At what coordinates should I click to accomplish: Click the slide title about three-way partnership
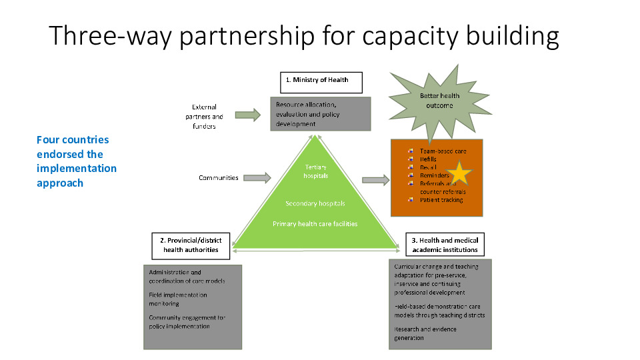click(x=304, y=36)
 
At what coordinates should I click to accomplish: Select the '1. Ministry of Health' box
click(x=320, y=81)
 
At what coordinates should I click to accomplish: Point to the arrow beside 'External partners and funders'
click(x=247, y=115)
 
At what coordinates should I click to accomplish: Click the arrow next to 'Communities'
click(x=257, y=177)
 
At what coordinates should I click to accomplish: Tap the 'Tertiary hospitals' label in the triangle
click(x=315, y=171)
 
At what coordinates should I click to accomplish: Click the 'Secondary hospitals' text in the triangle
click(x=315, y=203)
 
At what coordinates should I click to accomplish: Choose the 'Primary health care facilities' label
click(x=315, y=224)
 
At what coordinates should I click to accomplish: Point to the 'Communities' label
click(x=218, y=178)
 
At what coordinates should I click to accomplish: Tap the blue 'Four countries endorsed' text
click(x=76, y=161)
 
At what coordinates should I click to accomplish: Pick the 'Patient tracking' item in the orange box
click(x=441, y=200)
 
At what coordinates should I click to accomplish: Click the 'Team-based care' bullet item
click(x=443, y=151)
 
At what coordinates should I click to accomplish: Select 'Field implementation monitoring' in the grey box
click(x=178, y=299)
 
